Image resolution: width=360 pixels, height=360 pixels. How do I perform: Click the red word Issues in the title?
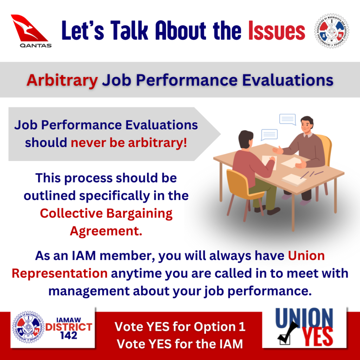pos(277,31)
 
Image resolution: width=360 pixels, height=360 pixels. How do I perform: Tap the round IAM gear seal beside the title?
pos(332,31)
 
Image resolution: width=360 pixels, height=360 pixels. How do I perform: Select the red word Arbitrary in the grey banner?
pos(62,81)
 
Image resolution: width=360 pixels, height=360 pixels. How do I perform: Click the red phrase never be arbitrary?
pos(129,143)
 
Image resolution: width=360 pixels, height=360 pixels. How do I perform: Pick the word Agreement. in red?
pos(106,231)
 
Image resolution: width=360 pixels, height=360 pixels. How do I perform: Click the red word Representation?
pos(60,274)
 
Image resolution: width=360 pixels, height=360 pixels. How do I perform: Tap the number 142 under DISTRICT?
pos(69,336)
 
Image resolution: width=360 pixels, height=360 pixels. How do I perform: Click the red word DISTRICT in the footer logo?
pos(69,327)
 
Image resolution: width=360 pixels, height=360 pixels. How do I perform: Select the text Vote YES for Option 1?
pos(180,327)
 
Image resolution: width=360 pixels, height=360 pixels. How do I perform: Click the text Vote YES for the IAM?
pos(180,344)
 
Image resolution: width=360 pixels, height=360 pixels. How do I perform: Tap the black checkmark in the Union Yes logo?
pos(288,332)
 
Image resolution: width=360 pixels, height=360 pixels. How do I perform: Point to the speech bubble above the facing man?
pos(288,120)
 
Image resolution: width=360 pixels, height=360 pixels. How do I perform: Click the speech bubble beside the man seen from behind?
pos(269,135)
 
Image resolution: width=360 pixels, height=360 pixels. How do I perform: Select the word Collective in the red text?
pos(71,213)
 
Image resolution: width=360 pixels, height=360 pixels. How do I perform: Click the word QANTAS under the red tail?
pos(36,45)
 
